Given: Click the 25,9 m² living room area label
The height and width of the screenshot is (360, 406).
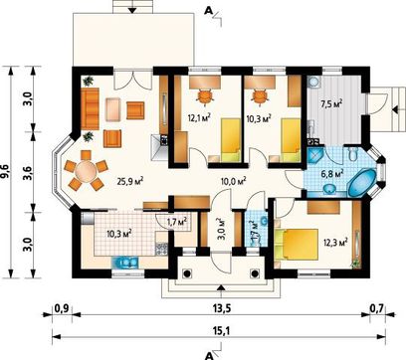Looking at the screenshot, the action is (130, 181).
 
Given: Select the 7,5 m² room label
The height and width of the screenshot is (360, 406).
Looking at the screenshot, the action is (331, 104).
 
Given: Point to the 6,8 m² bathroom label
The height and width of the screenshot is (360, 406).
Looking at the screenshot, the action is (331, 173).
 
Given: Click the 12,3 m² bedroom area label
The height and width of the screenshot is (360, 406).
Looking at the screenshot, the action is (335, 242).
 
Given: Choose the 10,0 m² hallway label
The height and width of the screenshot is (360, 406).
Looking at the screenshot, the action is (234, 181).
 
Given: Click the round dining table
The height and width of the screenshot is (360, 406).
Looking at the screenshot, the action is (86, 172).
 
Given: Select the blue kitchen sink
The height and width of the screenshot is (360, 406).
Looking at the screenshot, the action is (125, 263).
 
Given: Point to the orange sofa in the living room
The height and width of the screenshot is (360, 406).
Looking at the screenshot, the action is (90, 108).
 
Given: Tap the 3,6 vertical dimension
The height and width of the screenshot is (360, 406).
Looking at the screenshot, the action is (29, 172).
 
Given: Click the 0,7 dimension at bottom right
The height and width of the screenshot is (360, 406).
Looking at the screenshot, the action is (377, 308).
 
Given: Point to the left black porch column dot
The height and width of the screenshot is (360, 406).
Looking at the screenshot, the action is (187, 273).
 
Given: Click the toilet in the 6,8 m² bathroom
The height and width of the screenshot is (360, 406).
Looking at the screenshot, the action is (352, 154).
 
